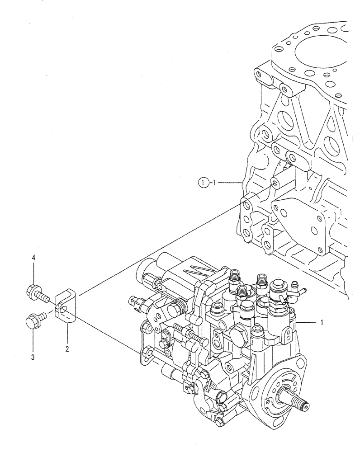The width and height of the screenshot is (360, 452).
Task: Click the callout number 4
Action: pyautogui.click(x=33, y=258)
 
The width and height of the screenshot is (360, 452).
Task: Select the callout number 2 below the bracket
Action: pyautogui.click(x=66, y=349)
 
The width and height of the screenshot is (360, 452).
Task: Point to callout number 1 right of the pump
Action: pyautogui.click(x=321, y=323)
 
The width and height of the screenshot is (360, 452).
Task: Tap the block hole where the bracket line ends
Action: pyautogui.click(x=274, y=183)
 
